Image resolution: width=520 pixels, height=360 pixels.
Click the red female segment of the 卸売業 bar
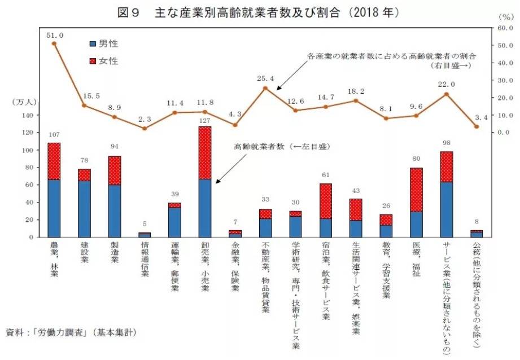[205, 153]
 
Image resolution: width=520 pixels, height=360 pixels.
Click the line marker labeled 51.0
[54, 43]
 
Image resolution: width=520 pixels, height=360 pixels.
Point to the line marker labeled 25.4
[265, 88]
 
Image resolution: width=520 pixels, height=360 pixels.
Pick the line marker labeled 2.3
[145, 128]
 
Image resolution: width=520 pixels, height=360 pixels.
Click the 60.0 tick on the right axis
[504, 28]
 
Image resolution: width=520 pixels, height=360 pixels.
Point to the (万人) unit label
[24, 102]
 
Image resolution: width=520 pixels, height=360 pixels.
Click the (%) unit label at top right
[504, 17]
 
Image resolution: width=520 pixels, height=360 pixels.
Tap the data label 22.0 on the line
[445, 85]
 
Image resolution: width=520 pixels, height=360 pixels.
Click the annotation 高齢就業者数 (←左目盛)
[281, 147]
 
